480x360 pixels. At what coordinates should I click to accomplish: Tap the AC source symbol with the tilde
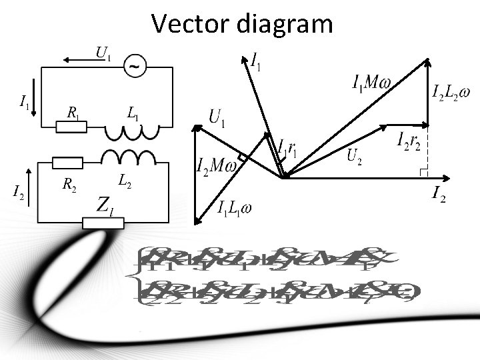[136, 66]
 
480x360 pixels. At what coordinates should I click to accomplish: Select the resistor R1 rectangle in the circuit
[71, 127]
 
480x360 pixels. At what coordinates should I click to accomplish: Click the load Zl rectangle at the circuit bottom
[103, 223]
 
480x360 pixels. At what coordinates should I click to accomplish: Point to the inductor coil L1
[131, 133]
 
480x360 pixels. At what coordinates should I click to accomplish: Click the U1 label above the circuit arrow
[103, 52]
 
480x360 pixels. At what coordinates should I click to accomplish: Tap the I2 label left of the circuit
[19, 193]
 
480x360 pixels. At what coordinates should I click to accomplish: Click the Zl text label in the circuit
[105, 204]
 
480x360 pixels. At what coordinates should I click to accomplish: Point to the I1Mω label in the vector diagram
[371, 83]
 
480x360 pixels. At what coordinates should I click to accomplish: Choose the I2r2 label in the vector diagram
[408, 141]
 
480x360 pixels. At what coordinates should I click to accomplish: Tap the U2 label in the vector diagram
[355, 157]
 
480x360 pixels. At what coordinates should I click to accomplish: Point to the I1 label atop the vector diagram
[255, 61]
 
